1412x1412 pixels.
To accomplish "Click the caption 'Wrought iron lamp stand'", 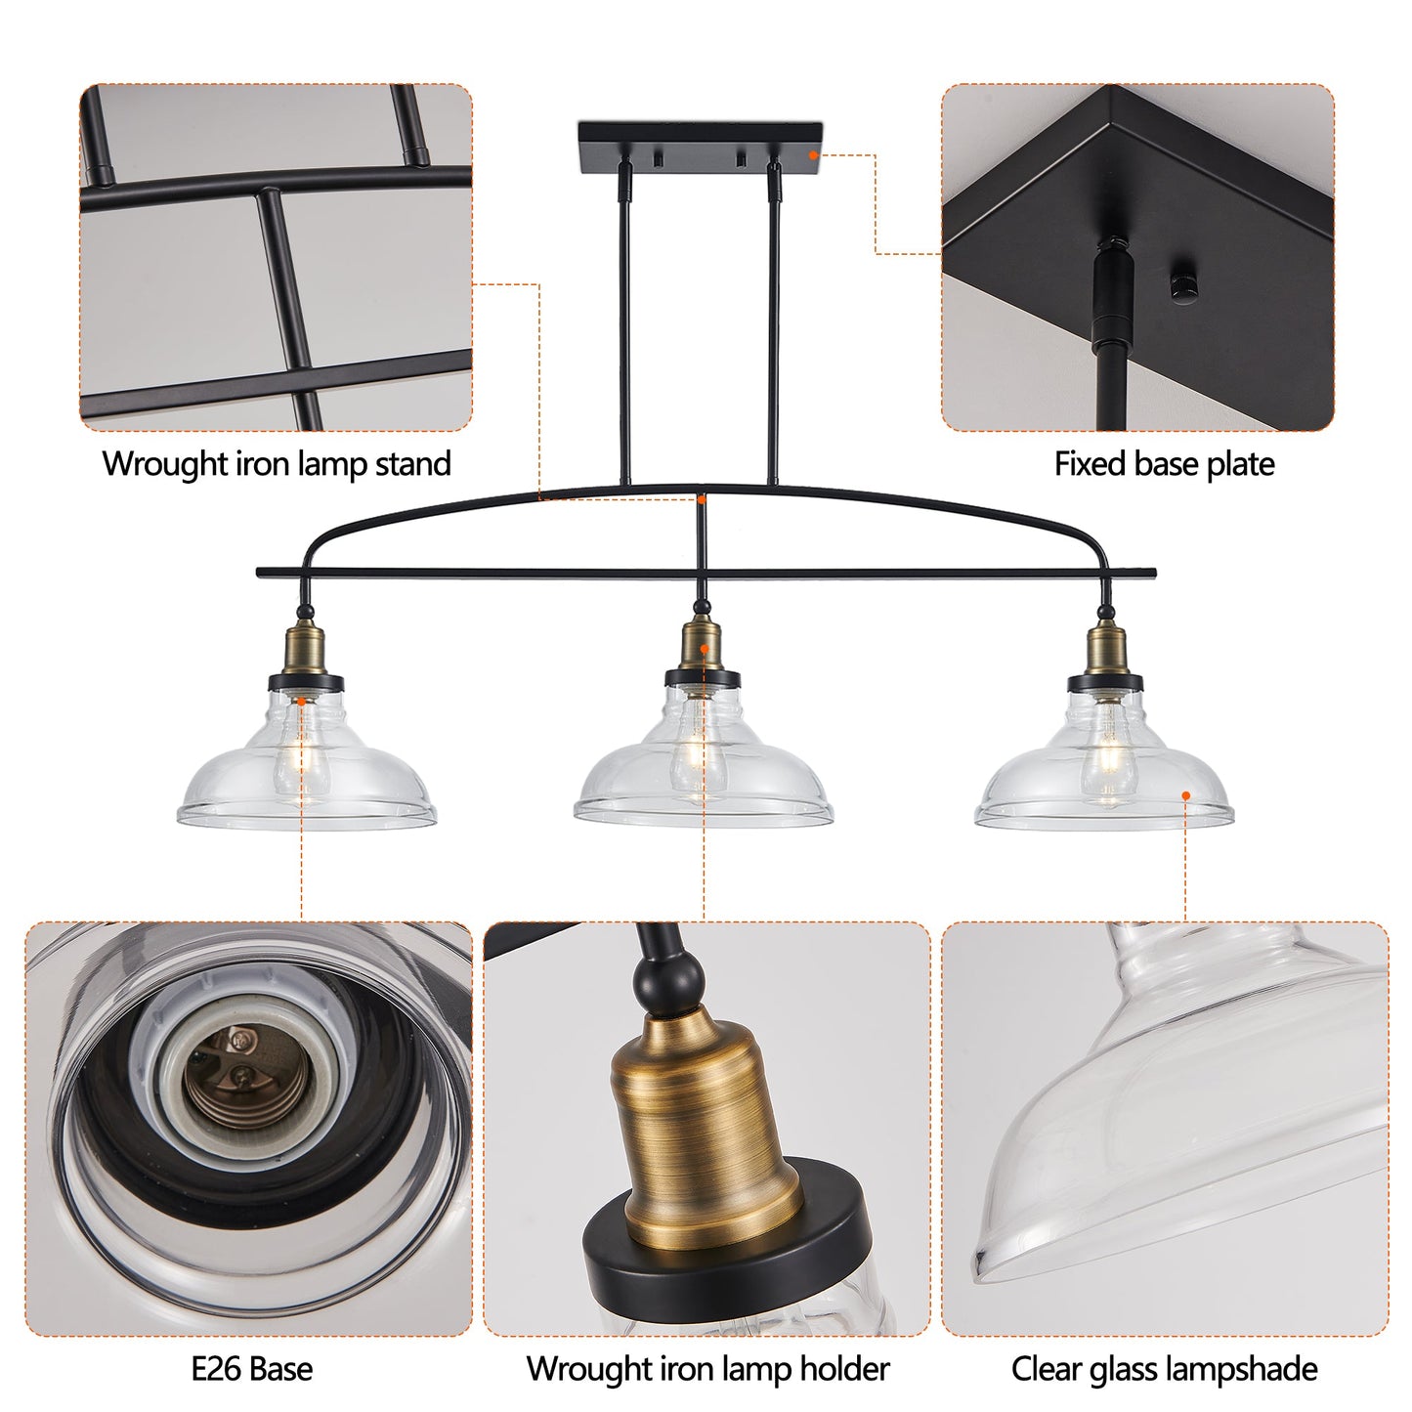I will point(277,463).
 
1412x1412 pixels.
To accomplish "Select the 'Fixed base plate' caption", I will point(1164,463).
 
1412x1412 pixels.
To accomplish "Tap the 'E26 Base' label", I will point(252,1368).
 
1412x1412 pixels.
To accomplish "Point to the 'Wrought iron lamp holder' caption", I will point(707,1368).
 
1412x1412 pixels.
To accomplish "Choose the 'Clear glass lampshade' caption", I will point(1164,1368).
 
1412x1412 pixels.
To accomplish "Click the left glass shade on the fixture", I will point(307,772).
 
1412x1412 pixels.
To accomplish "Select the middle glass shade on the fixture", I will point(703,772).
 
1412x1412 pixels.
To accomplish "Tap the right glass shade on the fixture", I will point(1104,772).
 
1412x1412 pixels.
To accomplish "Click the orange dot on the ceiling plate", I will point(812,153).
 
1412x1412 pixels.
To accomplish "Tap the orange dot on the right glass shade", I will point(1185,796).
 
